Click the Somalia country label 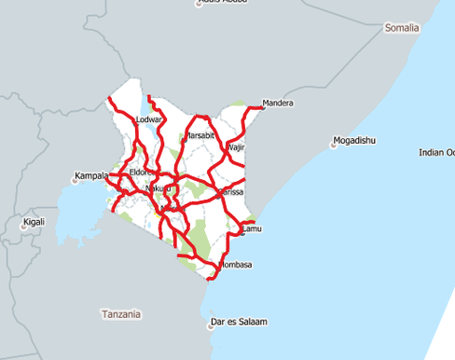[x=403, y=29]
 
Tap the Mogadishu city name [x=357, y=140]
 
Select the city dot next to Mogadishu [x=334, y=144]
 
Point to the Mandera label [x=278, y=103]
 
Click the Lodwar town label [x=149, y=120]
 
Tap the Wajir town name [x=236, y=147]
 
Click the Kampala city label [x=91, y=174]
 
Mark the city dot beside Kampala [x=74, y=179]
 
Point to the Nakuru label [x=159, y=189]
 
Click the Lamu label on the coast [x=253, y=228]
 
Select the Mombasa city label [x=233, y=265]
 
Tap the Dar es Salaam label [x=240, y=322]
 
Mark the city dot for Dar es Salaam [x=211, y=325]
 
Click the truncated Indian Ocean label [x=435, y=152]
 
